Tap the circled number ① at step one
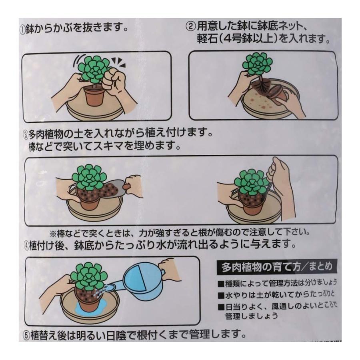pos(23,30)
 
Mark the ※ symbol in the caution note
pos(53,232)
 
